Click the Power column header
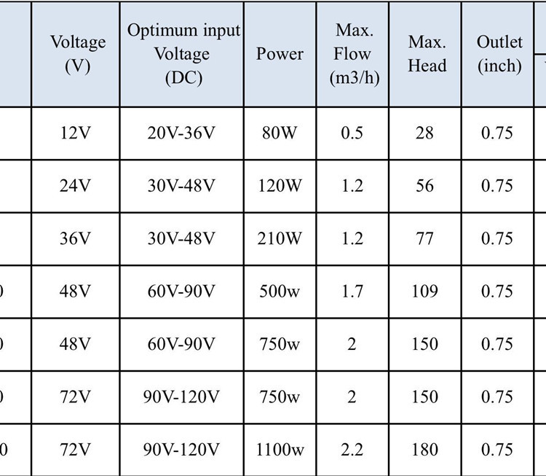point(280,54)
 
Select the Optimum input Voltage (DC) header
point(184,54)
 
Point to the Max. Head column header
point(427,54)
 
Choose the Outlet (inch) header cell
point(499,54)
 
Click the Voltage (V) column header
point(77,54)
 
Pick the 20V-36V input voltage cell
point(181,133)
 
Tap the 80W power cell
point(280,133)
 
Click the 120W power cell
point(280,186)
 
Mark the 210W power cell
point(280,238)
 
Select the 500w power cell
point(280,292)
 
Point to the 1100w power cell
point(280,450)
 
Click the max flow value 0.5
point(352,133)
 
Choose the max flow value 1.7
point(352,292)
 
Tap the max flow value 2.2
point(352,450)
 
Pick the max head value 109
point(424,292)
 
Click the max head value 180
point(424,450)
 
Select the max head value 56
point(424,186)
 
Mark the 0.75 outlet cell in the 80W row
point(497,133)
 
